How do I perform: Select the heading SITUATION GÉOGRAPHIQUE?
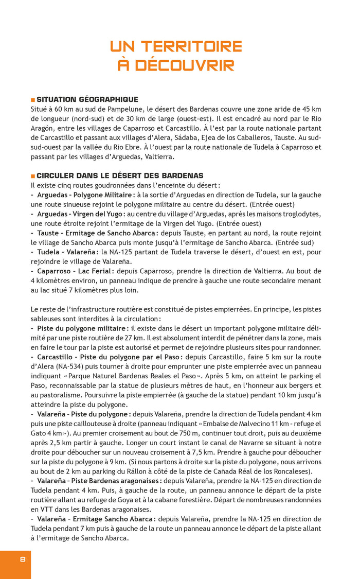coord(87,99)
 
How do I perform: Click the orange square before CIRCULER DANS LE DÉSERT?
coord(33,176)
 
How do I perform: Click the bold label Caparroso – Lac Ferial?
coord(75,271)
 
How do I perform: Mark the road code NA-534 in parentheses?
coord(66,366)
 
